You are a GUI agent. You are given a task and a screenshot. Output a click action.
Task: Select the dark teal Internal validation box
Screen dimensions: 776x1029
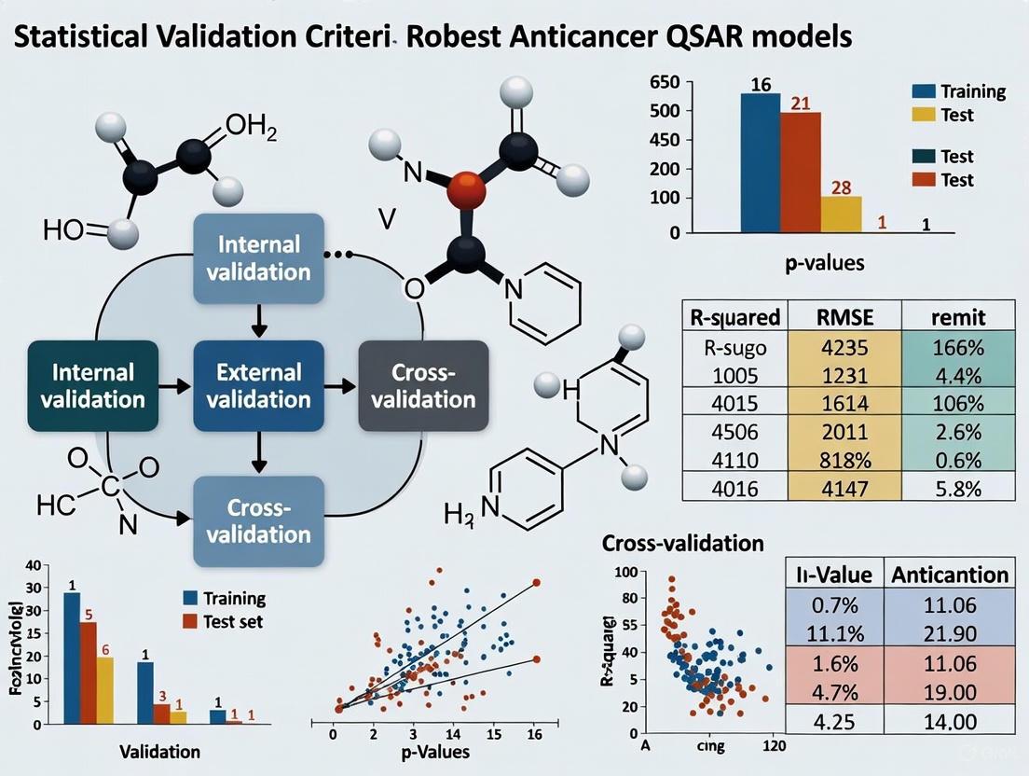point(91,386)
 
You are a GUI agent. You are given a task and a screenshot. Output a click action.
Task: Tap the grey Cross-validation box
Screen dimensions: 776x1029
point(423,386)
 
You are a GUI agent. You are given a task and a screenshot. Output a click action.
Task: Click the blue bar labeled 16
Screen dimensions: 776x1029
point(760,161)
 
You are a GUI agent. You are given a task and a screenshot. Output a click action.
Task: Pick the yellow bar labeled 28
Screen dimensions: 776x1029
point(841,214)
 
